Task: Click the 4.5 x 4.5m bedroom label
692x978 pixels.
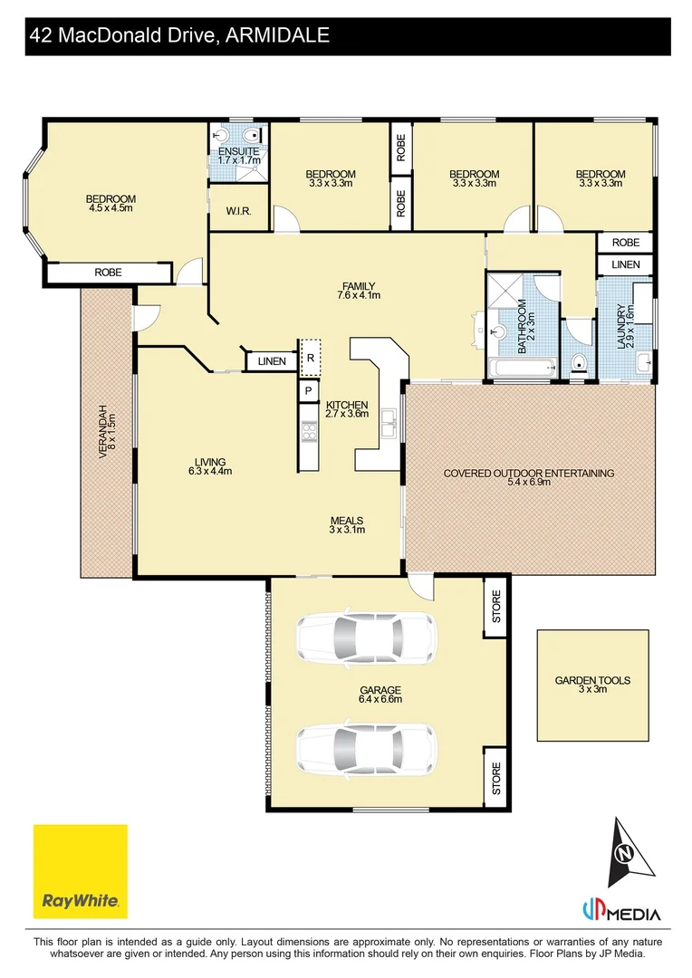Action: click(x=111, y=204)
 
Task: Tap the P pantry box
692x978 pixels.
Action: click(x=309, y=391)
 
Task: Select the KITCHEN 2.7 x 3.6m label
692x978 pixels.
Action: click(x=346, y=409)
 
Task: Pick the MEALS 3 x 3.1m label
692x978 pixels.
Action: click(x=346, y=525)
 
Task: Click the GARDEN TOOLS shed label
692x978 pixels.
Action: click(x=593, y=685)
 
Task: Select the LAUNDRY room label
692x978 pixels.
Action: click(x=624, y=325)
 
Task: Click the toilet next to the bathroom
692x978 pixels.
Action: click(x=580, y=365)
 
